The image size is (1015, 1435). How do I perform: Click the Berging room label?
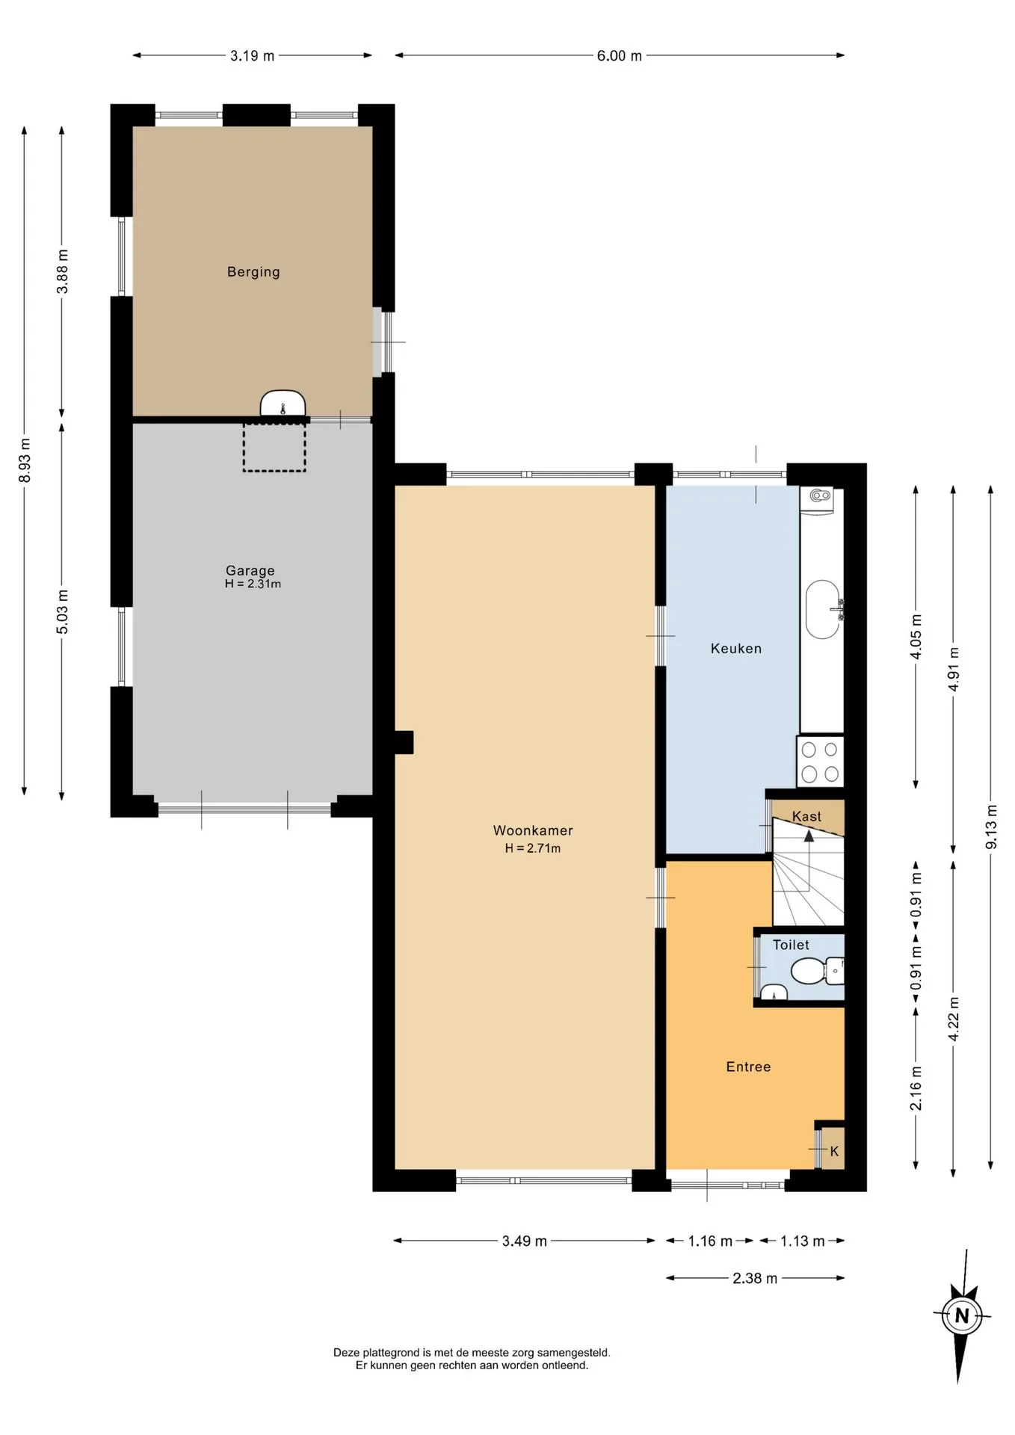coord(253,272)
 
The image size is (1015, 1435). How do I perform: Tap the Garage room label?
coord(250,570)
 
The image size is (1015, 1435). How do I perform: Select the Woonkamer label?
coord(533,830)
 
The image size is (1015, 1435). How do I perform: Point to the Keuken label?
coord(736,649)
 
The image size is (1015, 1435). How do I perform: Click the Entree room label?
coord(748,1067)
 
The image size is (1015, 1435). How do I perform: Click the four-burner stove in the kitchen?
coord(821,762)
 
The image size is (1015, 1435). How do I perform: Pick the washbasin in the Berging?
coord(283,404)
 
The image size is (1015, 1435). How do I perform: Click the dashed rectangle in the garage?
coord(274,447)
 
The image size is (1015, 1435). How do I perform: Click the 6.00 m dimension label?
coord(619,55)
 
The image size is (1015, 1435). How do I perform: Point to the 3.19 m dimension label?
coord(252,55)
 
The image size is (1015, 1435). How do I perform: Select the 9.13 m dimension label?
coord(991,827)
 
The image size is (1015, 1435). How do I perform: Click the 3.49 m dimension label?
coord(524,1241)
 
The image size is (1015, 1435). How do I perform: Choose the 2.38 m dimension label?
coord(755,1279)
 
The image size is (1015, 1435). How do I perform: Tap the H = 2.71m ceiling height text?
coord(533,848)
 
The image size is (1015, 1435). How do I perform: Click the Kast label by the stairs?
coord(806,817)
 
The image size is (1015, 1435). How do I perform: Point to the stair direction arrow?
coord(809,851)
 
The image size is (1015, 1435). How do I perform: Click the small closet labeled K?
coord(830,1151)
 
